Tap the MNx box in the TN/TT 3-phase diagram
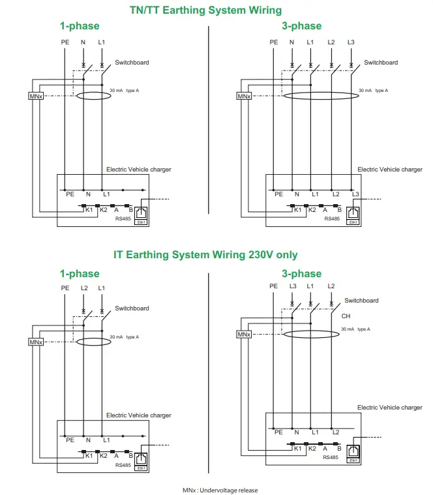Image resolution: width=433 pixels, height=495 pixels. pos(244,96)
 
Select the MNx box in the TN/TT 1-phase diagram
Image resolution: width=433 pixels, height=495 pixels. pos(35,96)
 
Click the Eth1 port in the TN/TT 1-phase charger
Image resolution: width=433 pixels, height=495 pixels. pos(140,215)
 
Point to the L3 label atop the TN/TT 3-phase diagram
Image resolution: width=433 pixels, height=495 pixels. pos(351,42)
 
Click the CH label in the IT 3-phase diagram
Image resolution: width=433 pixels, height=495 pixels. pos(346,316)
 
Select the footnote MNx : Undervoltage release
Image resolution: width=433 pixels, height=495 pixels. pos(220,489)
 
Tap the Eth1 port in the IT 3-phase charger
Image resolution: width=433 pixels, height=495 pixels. pos(353,452)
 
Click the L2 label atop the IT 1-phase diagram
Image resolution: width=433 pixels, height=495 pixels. pos(83,288)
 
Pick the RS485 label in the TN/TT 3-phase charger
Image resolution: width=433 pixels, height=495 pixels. pos(332,219)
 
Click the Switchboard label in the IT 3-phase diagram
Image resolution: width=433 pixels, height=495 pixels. pos(361,301)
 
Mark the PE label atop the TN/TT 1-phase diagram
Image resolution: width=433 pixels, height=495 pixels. pos(65,42)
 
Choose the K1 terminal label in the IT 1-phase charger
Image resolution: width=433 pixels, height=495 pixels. pos(89,455)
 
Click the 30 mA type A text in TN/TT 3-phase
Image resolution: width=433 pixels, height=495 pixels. pos(374,91)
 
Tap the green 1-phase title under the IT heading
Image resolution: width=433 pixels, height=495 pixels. pos(80,273)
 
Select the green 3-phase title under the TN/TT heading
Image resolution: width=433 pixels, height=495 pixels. pos(301,26)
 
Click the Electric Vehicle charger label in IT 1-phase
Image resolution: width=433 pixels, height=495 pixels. pos(139,415)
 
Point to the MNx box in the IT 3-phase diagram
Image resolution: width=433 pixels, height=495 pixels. pos(244,335)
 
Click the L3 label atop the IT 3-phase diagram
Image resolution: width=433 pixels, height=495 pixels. pos(293,286)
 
